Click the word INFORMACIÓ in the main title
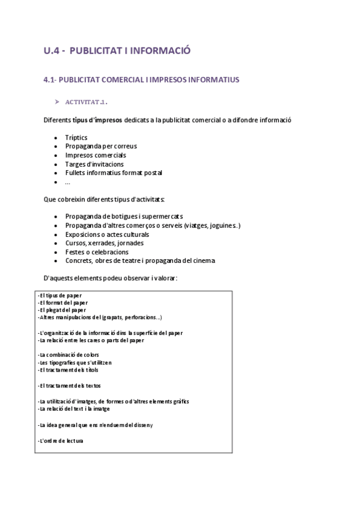(x=158, y=51)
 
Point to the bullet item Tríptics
(x=76, y=138)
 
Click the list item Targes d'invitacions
(x=94, y=164)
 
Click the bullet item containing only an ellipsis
(x=68, y=181)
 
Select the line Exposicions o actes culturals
(x=107, y=234)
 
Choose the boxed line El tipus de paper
(x=59, y=296)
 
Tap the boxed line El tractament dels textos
(x=70, y=385)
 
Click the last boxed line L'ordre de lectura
(x=61, y=441)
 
